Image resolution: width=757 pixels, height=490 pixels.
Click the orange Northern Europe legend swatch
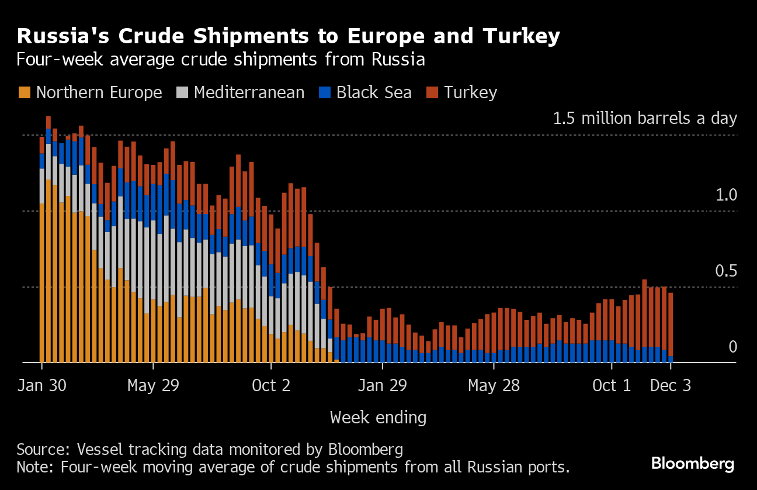tap(25, 92)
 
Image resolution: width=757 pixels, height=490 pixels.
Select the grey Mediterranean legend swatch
tap(182, 92)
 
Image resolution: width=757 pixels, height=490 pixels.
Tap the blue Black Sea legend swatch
tap(325, 92)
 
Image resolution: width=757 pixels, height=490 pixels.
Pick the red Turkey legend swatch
tap(432, 92)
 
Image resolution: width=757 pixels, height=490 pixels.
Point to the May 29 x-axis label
tap(153, 387)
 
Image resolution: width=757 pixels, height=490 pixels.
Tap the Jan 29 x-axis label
tap(382, 387)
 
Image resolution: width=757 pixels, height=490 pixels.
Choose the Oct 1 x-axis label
tap(612, 387)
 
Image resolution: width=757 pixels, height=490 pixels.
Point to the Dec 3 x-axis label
tap(671, 387)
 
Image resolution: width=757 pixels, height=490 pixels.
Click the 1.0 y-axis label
tap(727, 195)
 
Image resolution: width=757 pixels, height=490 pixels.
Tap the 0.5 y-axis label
tap(727, 271)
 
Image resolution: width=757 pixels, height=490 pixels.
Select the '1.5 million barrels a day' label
tap(645, 119)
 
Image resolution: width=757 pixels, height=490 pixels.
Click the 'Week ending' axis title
tap(378, 417)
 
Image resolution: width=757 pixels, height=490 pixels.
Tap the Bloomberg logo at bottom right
tap(693, 464)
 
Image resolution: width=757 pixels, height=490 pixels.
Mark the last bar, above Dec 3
tap(671, 327)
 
